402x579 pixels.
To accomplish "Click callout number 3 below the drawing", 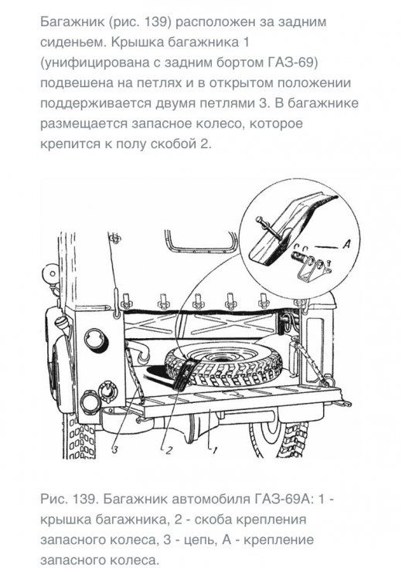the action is (115, 449).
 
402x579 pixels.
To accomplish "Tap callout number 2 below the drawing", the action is (169, 450).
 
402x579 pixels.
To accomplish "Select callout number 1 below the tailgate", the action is (214, 450).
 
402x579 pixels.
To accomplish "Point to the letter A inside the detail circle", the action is (346, 244).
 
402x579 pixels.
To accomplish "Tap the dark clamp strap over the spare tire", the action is (185, 374).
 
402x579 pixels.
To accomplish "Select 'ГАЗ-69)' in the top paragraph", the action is (292, 63).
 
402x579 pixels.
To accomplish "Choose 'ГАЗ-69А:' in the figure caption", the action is (284, 499).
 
